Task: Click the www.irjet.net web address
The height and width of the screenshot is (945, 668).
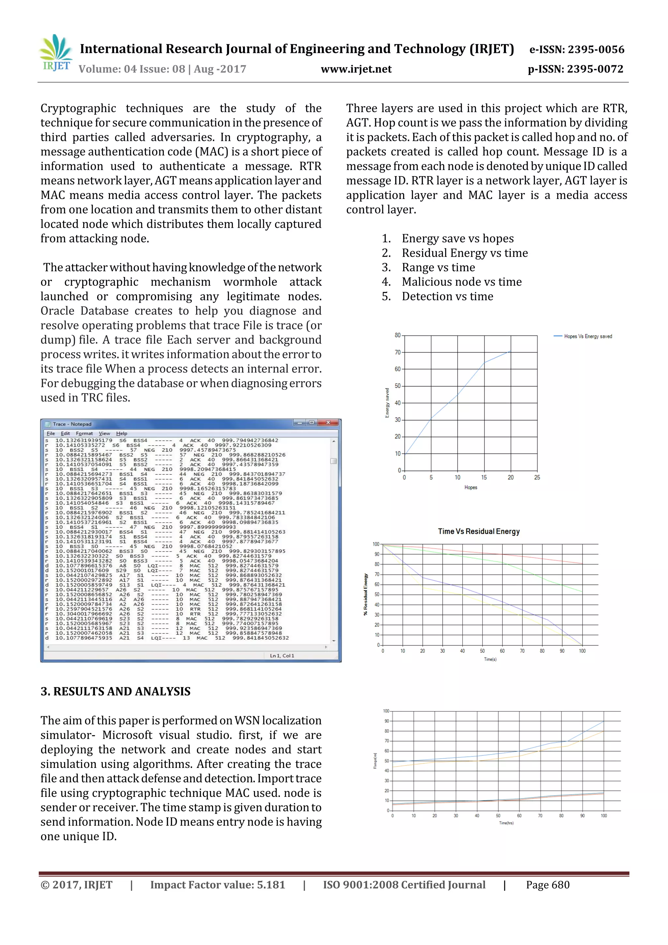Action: [x=356, y=69]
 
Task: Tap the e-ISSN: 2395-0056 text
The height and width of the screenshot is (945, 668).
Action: [x=577, y=49]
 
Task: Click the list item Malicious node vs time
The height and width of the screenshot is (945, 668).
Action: [x=462, y=282]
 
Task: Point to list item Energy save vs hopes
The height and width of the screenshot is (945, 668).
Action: [x=458, y=238]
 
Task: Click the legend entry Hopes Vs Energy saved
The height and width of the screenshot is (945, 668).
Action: [x=587, y=336]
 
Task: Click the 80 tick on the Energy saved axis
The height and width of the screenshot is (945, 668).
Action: [x=397, y=335]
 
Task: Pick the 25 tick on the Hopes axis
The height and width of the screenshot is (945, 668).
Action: [x=537, y=478]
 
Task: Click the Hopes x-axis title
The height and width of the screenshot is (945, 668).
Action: [x=470, y=487]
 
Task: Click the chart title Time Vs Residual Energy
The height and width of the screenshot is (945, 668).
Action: [x=479, y=531]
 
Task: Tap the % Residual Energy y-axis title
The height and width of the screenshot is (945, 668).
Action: [x=365, y=594]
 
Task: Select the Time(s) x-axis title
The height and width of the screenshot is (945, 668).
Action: [x=490, y=659]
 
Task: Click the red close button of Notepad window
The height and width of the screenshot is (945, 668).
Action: [x=328, y=423]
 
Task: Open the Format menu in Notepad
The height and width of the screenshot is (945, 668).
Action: [x=84, y=434]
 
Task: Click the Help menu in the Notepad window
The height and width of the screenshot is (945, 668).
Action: [x=121, y=434]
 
